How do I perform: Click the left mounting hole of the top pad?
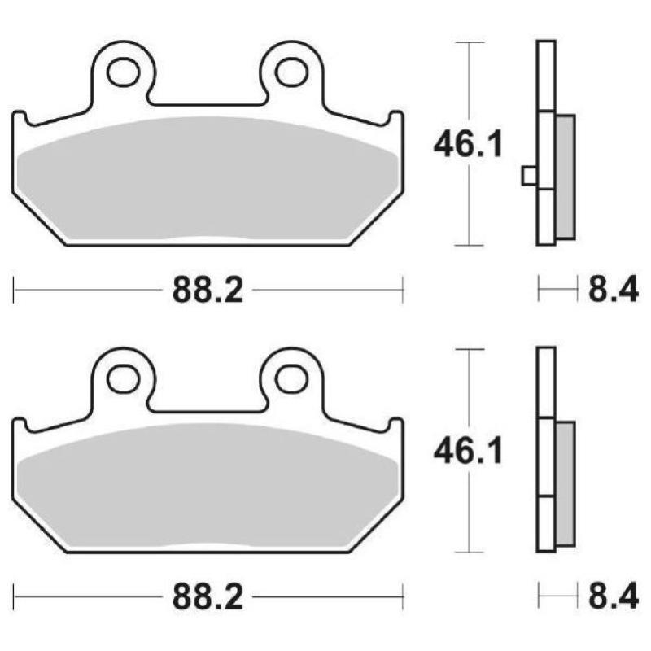click(123, 72)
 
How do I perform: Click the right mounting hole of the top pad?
click(291, 72)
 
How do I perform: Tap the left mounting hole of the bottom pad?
click(123, 378)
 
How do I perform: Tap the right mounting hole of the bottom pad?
click(291, 378)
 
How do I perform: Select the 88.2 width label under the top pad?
click(208, 290)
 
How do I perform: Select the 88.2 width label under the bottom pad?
click(208, 598)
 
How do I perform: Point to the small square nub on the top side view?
click(529, 175)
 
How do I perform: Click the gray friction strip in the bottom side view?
click(565, 484)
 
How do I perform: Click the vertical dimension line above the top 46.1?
click(469, 81)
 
